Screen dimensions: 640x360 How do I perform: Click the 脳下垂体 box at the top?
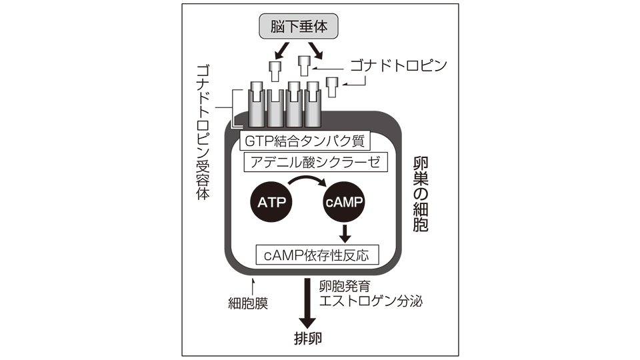pos(299,27)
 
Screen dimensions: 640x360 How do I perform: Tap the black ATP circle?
pos(271,201)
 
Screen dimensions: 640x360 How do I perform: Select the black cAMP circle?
pos(344,201)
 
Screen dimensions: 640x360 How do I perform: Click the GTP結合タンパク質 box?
pos(305,141)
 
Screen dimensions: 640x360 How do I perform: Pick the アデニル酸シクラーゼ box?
pos(315,163)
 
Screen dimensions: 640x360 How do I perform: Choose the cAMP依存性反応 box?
pos(317,255)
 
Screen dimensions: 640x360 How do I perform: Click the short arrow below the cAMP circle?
pos(345,234)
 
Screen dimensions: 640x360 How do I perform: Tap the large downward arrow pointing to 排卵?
pos(307,303)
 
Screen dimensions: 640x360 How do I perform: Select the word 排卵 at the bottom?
pos(308,339)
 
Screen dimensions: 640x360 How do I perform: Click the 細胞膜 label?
pos(248,304)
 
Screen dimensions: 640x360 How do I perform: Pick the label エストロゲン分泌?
pos(371,301)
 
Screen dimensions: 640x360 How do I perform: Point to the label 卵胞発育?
pos(345,286)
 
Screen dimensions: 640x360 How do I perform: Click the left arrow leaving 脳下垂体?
pos(281,51)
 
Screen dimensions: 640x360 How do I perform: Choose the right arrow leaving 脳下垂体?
pos(315,51)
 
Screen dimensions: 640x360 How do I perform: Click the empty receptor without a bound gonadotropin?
pos(275,108)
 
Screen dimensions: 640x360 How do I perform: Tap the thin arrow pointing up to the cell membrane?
pos(253,287)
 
